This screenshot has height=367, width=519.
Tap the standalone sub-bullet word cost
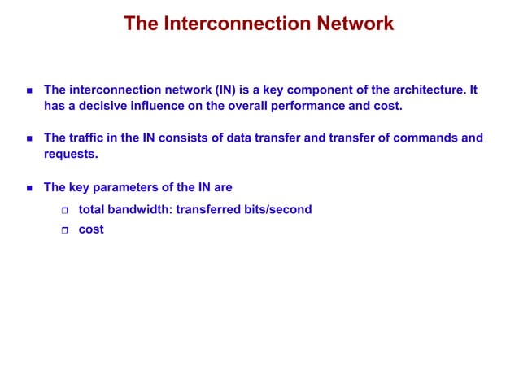[91, 229]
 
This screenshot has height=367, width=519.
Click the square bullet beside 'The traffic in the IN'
[29, 138]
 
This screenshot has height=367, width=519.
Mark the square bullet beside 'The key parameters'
[29, 188]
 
